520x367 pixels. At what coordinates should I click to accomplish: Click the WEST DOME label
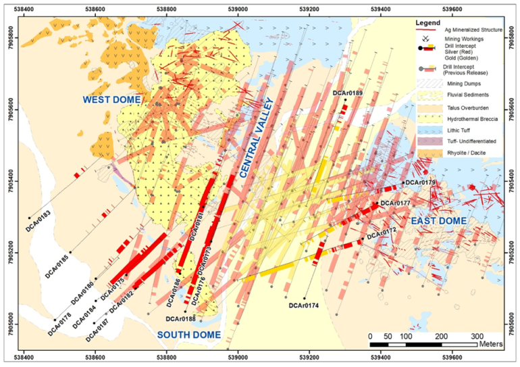111,100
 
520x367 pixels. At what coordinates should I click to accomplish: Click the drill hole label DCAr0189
348,93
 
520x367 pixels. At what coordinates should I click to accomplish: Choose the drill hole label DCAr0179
420,182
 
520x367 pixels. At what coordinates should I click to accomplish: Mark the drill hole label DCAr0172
381,231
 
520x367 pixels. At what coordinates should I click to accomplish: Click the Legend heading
430,24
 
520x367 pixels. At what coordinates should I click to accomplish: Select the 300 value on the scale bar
477,336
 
